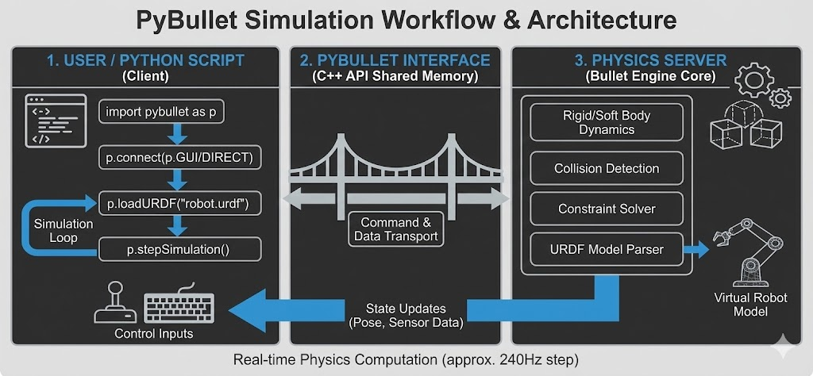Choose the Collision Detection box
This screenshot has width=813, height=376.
tap(607, 168)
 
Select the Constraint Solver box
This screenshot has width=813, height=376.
tap(607, 209)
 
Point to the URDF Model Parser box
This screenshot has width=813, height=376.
tap(607, 250)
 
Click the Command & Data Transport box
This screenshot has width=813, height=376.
tap(395, 229)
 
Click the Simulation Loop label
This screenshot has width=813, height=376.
tap(63, 231)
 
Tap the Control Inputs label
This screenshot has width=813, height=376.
tap(153, 334)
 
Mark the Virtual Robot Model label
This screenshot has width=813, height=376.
tap(751, 305)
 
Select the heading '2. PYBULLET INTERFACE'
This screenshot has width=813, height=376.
tap(395, 60)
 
